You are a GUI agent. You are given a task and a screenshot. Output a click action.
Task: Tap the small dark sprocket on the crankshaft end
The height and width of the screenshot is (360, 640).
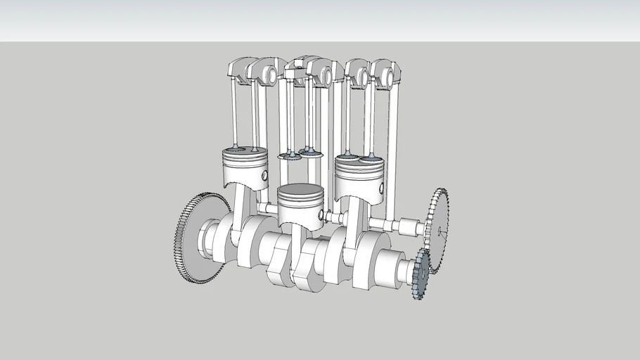click(421, 274)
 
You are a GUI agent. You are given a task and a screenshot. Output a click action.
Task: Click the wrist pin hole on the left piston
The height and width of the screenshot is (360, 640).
click(264, 174)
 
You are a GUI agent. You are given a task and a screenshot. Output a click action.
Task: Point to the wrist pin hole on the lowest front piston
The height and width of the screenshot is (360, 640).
click(320, 214)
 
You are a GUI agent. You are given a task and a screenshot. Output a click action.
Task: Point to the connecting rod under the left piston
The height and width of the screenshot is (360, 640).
click(243, 211)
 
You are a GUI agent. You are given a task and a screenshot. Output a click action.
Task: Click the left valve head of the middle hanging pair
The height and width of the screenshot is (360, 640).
click(288, 156)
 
